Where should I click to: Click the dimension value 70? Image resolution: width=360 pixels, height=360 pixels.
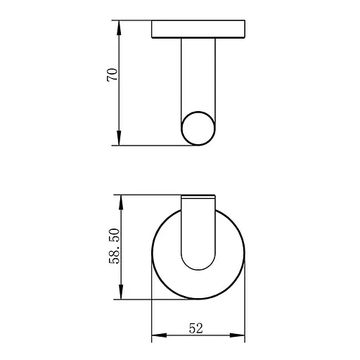point(112,75)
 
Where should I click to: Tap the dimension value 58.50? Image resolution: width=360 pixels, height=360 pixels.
point(115,246)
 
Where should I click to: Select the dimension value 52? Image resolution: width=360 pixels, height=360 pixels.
point(195,328)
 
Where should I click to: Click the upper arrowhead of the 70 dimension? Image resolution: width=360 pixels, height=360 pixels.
point(119,27)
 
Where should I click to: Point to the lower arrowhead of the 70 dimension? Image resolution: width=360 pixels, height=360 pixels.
point(119,138)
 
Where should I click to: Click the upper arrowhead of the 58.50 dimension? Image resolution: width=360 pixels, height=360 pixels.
point(121,202)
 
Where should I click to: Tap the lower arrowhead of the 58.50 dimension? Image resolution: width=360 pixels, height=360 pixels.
point(121,292)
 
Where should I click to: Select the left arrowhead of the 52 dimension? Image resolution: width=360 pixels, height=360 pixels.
point(159,335)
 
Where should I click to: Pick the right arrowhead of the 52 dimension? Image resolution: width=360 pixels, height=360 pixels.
point(237,335)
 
